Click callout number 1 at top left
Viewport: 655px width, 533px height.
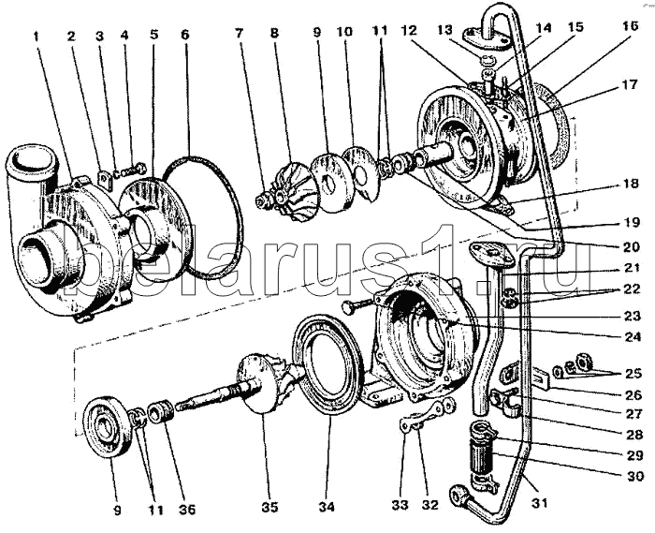coord(36,36)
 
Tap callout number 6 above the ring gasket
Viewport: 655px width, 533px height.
coord(185,35)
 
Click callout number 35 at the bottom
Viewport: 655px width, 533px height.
coord(269,507)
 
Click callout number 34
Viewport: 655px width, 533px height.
coord(327,507)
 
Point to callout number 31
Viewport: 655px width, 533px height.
coord(539,503)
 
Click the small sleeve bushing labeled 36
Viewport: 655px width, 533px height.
coord(161,411)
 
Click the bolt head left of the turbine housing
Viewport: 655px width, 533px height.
coord(350,308)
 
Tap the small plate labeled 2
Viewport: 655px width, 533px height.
coord(104,179)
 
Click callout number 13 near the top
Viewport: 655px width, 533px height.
coord(445,30)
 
